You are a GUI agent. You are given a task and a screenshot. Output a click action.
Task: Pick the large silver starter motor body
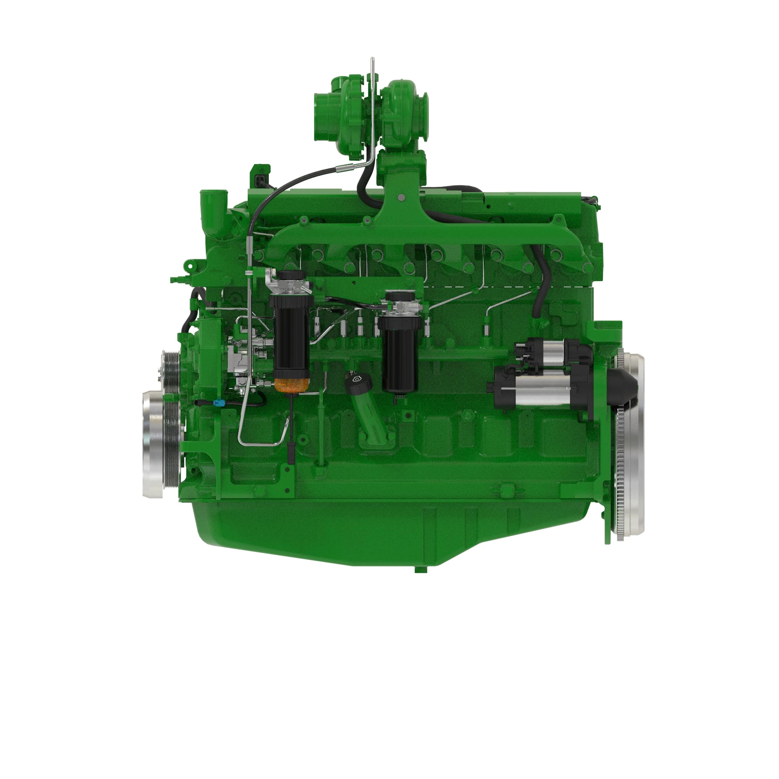[x=536, y=393]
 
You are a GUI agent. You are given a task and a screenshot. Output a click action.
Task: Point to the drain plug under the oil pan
[x=420, y=569]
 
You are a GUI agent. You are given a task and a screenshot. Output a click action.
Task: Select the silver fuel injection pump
[x=246, y=363]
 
